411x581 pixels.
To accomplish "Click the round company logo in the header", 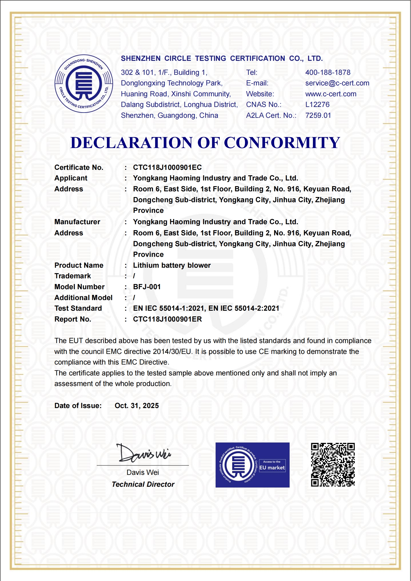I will pos(84,84).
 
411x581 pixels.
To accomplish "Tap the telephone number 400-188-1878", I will pos(328,72).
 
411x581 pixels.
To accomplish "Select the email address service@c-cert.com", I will pos(337,83).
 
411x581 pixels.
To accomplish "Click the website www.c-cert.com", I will pos(331,94).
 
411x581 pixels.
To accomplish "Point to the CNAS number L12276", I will pos(317,105).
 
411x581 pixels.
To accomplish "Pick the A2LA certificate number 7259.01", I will pos(318,115).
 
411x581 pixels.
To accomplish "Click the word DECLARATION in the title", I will pos(131,143).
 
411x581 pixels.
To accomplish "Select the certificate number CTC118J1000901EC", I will pos(167,168).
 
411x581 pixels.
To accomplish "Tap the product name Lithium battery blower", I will pos(172,265).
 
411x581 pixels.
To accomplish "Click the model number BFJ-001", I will pos(147,287).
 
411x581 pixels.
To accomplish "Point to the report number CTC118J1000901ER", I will pos(167,319).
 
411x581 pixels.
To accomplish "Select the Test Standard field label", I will pos(78,308).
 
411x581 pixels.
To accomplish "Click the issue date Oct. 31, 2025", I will pos(137,406).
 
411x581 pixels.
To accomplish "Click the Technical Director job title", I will pos(143,484).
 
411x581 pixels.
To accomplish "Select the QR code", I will pos(333,465).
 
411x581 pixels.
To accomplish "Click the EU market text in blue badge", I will pos(272,468).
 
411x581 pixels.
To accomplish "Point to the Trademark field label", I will pos(72,276).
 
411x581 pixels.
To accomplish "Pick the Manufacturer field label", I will pos(77,222).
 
